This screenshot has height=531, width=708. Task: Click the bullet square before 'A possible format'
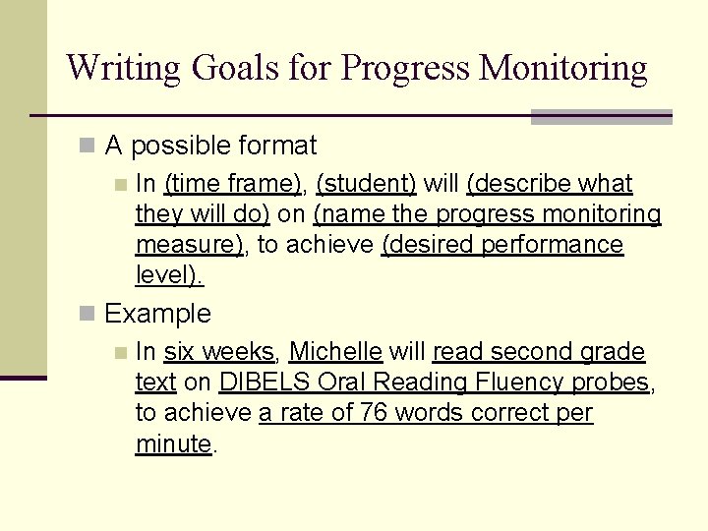click(88, 147)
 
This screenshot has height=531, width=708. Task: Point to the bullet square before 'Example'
click(88, 315)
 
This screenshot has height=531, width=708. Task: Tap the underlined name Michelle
click(335, 352)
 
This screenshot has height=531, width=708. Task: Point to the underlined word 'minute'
click(173, 443)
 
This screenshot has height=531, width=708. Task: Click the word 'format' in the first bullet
click(277, 147)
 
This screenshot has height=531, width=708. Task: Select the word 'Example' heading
click(157, 315)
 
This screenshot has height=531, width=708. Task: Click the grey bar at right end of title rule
click(601, 117)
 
